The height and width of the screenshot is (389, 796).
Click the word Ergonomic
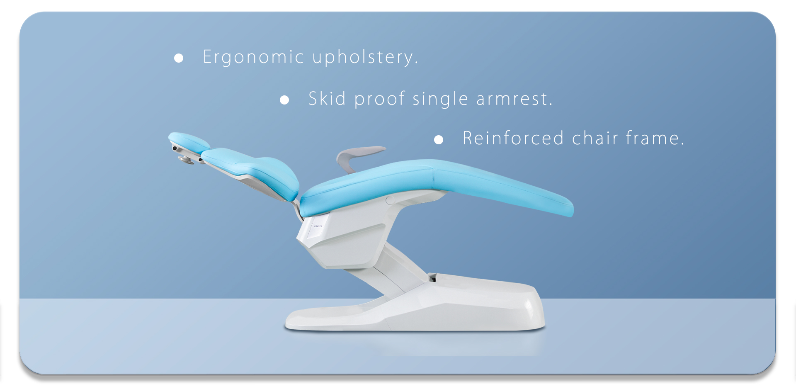[x=253, y=57]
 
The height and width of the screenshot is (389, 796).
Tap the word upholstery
[x=365, y=57]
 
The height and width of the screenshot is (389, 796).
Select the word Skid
[x=327, y=99]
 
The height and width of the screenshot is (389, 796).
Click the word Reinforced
[x=513, y=138]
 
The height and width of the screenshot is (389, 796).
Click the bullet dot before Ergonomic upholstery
[x=179, y=58]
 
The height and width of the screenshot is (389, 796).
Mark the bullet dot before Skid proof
[x=284, y=100]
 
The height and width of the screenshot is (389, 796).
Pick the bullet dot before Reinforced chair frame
[x=439, y=140]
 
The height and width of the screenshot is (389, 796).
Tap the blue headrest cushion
[x=189, y=141]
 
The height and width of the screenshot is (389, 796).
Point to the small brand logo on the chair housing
[x=318, y=226]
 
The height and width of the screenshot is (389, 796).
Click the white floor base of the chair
[x=415, y=305]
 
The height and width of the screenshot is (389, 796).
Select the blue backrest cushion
[x=253, y=172]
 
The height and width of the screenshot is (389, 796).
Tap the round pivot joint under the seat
[x=390, y=201]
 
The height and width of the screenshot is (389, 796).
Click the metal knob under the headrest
[x=186, y=160]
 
